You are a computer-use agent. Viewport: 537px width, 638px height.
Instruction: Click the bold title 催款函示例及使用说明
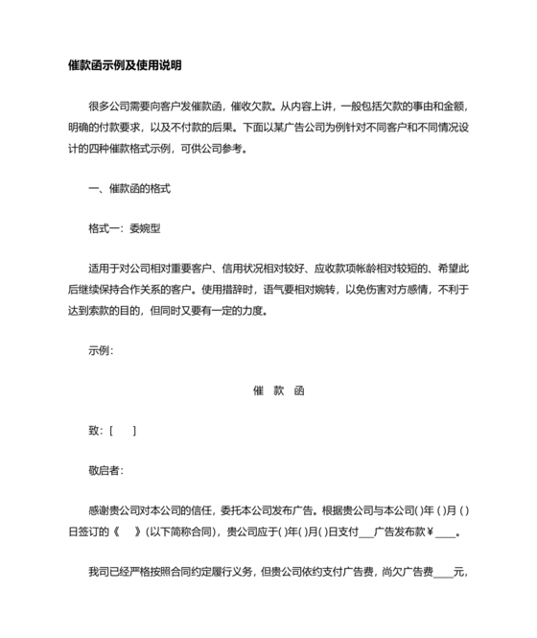coord(125,65)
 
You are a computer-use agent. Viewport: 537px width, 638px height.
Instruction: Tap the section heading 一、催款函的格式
coord(128,190)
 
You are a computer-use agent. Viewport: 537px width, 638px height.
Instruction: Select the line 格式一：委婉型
coord(127,227)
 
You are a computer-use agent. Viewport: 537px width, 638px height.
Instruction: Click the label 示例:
coord(101,350)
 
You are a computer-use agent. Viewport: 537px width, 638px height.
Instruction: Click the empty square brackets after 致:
coord(123,431)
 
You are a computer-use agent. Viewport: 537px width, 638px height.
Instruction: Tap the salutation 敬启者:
coord(105,470)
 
